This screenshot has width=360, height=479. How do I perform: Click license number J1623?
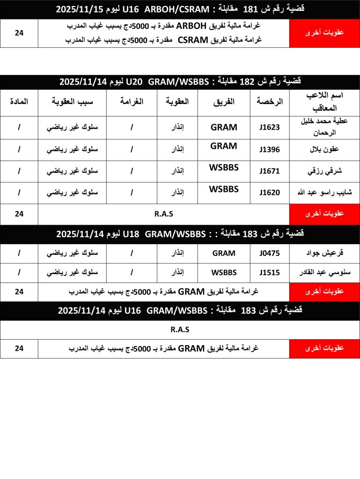270,128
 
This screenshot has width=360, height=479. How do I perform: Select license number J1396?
270,150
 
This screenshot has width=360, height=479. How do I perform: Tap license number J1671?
270,171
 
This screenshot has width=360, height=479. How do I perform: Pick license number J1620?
270,193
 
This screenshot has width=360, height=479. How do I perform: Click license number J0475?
270,254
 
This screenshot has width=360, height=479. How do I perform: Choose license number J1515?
270,273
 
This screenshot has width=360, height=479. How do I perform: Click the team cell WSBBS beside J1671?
224,167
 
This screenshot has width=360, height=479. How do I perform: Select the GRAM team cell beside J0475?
224,254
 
